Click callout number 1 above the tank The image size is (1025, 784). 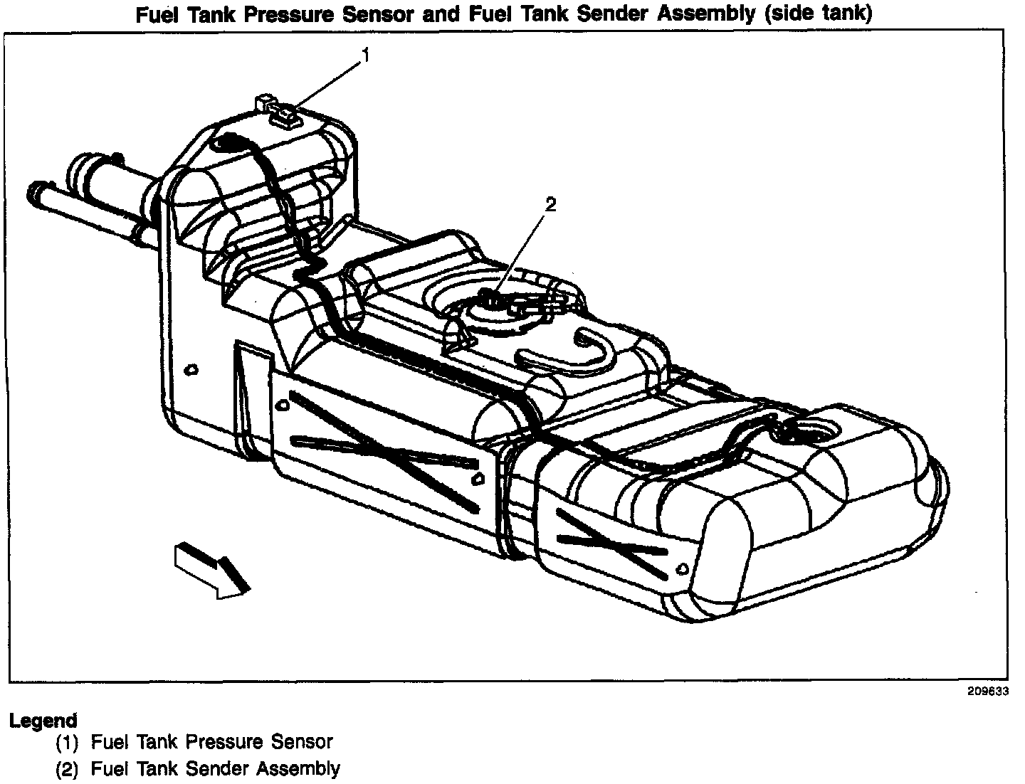[x=366, y=55]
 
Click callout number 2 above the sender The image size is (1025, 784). [x=550, y=204]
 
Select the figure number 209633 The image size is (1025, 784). [x=987, y=691]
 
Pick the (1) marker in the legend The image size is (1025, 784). [x=68, y=743]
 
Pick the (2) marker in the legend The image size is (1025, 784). [x=68, y=769]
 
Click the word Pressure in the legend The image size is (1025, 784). [x=225, y=743]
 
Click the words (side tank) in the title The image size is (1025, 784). [x=818, y=14]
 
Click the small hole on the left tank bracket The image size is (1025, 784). [x=190, y=369]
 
